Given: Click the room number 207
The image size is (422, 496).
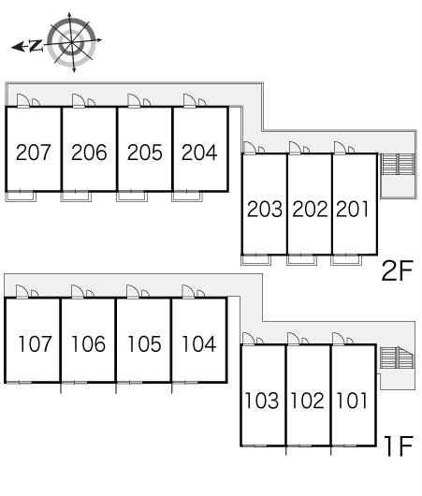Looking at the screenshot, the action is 33,153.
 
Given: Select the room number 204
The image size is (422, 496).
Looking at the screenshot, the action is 199,153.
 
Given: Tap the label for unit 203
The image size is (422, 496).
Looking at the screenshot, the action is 265,209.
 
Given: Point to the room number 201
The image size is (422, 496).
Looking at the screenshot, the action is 353,209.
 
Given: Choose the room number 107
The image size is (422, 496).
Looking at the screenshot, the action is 35,343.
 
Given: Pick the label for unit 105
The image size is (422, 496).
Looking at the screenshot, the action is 144,343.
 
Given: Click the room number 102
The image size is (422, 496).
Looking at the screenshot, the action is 308,401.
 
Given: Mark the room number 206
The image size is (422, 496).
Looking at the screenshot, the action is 89,153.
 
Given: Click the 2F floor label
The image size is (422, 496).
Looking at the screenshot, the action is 398,270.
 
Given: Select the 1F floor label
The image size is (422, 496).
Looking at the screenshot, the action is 400,446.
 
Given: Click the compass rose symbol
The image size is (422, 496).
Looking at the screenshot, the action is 72,42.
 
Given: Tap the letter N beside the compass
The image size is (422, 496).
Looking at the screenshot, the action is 36,46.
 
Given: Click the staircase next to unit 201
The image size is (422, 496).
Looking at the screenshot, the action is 398,164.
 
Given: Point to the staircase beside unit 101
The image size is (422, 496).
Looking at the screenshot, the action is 397,357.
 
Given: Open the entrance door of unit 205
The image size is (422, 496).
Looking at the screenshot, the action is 134,100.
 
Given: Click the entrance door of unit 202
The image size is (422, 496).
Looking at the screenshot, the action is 295,148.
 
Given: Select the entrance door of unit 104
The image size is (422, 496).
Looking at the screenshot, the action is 188,291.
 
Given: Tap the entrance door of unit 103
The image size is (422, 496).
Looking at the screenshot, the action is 249,339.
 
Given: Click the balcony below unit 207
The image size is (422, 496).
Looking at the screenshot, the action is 21,197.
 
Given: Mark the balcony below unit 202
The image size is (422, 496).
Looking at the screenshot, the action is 301,260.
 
